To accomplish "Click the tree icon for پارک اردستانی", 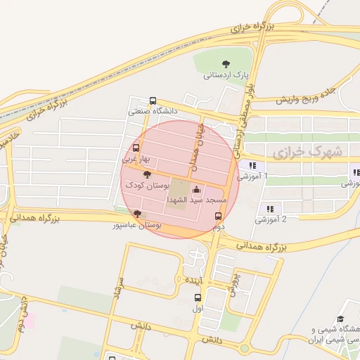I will (226, 63).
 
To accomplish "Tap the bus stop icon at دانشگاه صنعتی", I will (153, 101).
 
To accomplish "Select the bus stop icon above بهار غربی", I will (136, 148).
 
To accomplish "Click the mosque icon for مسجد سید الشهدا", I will (196, 190).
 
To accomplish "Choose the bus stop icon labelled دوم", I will (218, 217).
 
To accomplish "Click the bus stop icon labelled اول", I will (197, 297).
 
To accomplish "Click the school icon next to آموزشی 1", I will (252, 166).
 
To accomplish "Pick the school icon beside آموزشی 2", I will (270, 208).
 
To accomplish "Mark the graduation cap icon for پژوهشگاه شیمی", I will (341, 319).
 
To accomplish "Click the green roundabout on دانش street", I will (244, 347).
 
